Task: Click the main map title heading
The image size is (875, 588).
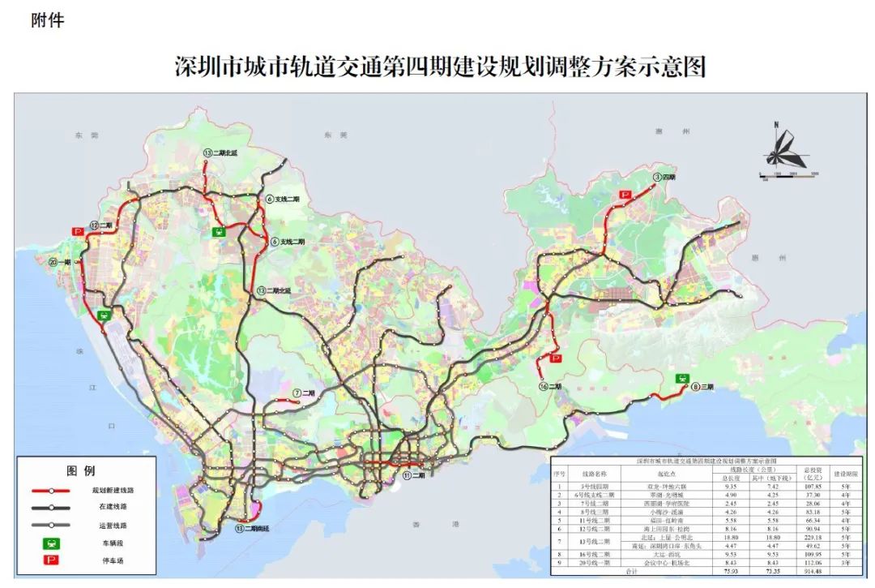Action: tap(440, 66)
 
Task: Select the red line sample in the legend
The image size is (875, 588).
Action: tap(49, 491)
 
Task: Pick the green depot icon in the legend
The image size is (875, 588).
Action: tap(49, 543)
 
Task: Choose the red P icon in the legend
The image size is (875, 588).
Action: tap(49, 560)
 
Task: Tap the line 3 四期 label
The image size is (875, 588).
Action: tap(664, 176)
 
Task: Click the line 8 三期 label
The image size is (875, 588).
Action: tap(703, 388)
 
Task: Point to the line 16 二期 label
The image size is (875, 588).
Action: tap(549, 387)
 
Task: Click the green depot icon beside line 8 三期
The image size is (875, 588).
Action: tap(683, 377)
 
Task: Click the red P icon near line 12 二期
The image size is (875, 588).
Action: tap(79, 231)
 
